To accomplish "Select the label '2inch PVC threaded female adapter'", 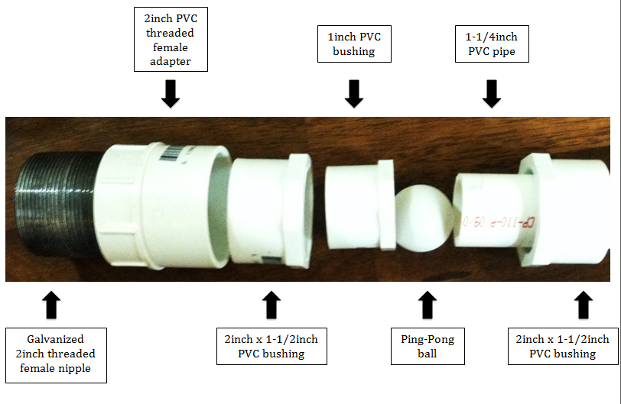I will (171, 39).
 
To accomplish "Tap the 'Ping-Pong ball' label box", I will (428, 346).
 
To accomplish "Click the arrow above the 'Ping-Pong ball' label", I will (428, 305).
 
